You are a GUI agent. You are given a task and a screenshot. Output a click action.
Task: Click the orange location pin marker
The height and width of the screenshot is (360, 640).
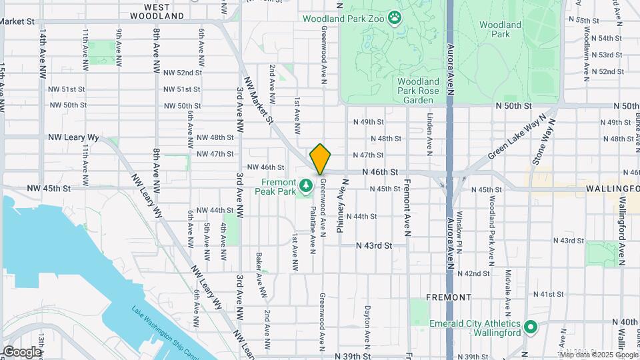tap(321, 159)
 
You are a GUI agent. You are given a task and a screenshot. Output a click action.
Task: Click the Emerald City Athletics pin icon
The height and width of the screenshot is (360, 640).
tap(531, 327)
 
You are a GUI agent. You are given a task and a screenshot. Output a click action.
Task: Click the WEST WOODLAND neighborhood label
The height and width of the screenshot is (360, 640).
tap(157, 10)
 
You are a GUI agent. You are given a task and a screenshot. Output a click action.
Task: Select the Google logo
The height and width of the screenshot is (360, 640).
tap(22, 351)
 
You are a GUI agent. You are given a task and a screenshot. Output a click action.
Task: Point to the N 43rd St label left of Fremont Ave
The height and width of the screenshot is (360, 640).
tap(373, 245)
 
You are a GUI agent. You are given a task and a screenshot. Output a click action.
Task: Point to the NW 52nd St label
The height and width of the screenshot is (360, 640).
tap(182, 73)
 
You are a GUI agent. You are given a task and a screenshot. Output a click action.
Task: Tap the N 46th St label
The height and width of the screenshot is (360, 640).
tap(380, 172)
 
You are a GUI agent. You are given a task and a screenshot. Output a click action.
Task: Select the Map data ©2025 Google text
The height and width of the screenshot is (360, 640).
tap(598, 354)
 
